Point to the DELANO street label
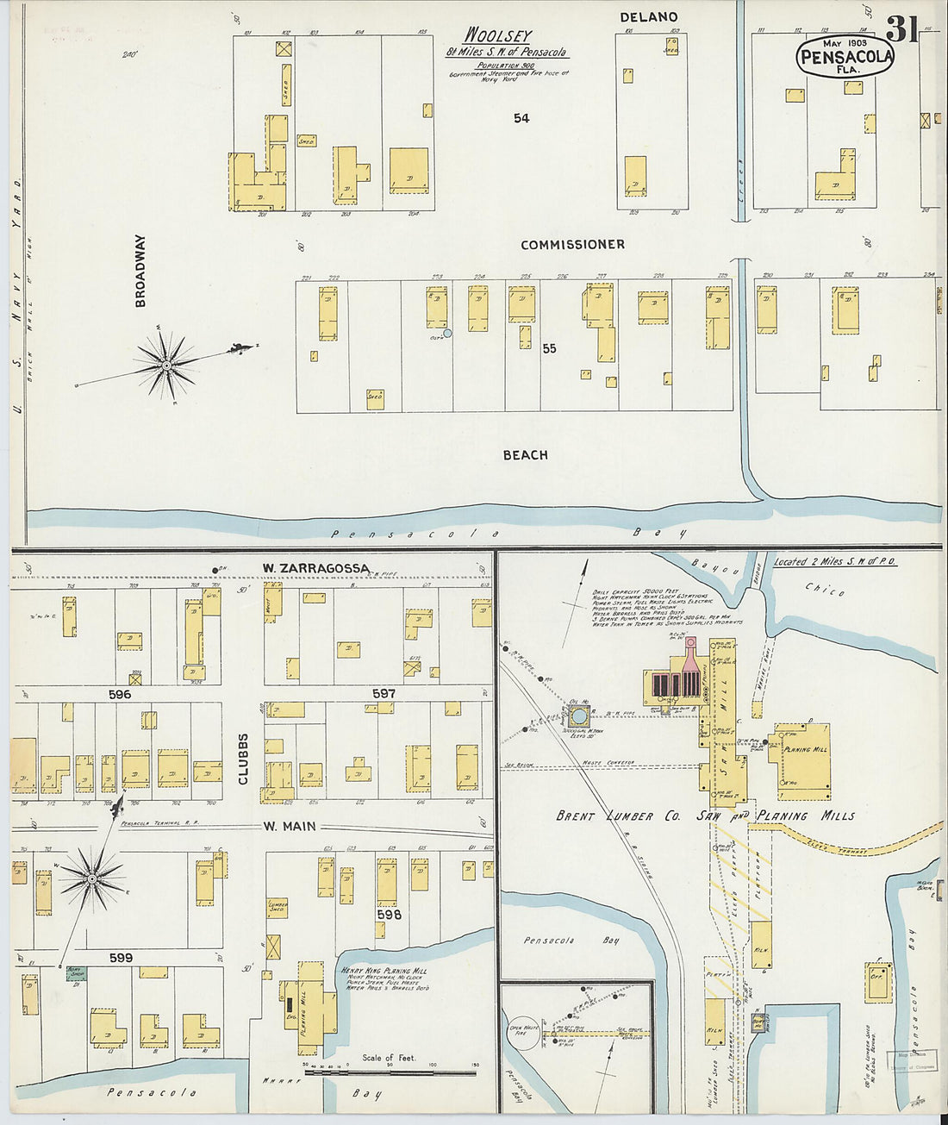click(648, 17)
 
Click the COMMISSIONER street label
click(572, 245)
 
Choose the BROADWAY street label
click(140, 271)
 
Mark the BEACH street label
click(525, 455)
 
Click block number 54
click(521, 118)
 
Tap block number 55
click(549, 349)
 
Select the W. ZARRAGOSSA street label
click(315, 568)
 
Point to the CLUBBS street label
click(243, 759)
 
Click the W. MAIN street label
click(289, 826)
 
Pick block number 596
click(120, 694)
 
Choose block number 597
click(384, 693)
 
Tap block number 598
click(388, 915)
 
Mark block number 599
click(121, 957)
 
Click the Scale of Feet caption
click(389, 1058)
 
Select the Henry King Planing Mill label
click(385, 971)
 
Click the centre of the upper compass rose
click(165, 366)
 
